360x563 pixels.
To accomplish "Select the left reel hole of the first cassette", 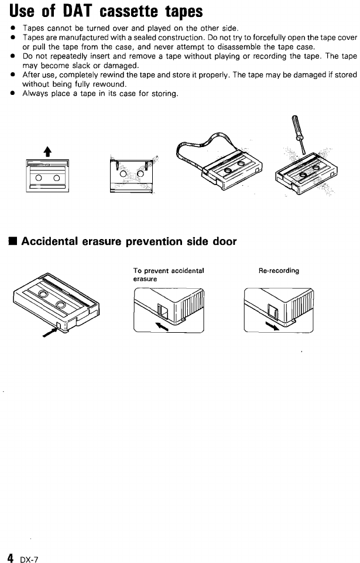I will click(38, 176).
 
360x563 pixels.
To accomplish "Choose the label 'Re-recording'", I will click(279, 271).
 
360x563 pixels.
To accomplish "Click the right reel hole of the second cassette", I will click(140, 173).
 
